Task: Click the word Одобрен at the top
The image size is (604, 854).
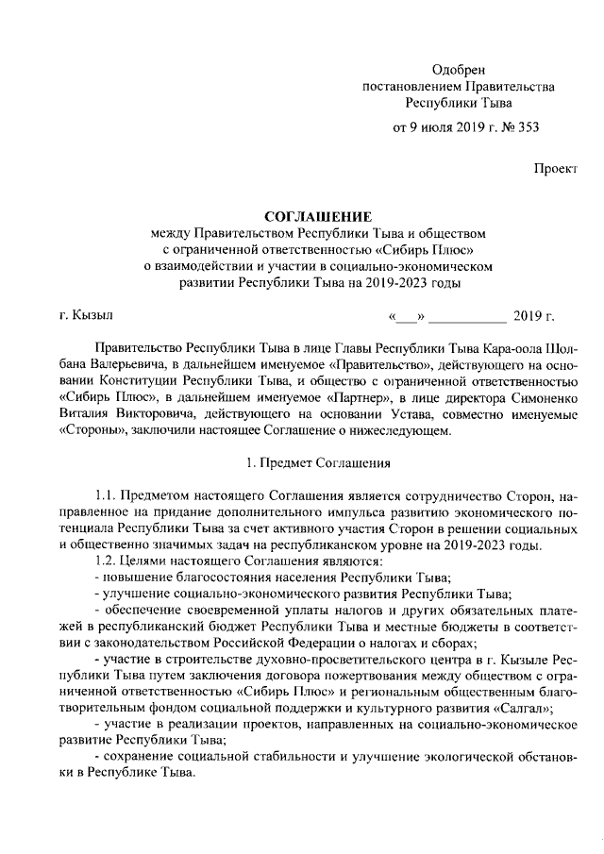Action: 458,70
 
